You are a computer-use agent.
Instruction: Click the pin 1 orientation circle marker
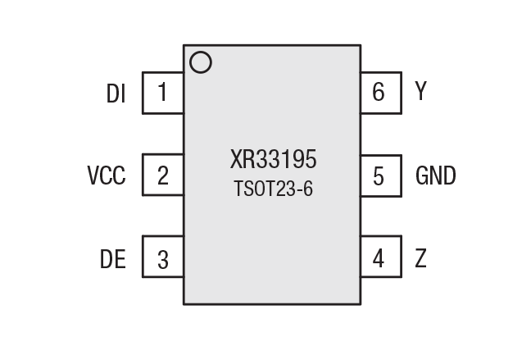pos(200,63)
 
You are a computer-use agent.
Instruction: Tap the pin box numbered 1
pos(162,93)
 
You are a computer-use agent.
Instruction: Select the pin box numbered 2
pos(162,175)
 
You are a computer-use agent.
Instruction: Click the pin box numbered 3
pos(162,258)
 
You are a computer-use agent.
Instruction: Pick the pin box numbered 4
pos(381,258)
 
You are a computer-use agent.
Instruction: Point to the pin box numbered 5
pos(381,175)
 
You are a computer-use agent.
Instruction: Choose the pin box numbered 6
pos(381,93)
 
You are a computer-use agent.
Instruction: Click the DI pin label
pos(116,93)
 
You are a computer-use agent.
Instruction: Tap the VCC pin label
pos(107,175)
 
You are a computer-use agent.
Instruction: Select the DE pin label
pos(113,259)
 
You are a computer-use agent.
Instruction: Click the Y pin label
pos(421,92)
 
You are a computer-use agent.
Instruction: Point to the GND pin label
pos(436,175)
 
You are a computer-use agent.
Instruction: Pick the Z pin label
pos(421,258)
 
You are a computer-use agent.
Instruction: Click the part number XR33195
pos(273,158)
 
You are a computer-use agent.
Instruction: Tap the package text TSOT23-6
pos(273,189)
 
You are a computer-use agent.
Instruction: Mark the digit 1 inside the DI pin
pos(162,93)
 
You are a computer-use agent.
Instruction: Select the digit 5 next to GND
pos(379,175)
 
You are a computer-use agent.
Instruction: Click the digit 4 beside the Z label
pos(379,258)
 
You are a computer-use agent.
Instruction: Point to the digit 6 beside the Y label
pos(379,93)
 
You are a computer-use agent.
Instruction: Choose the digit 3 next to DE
pos(163,260)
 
